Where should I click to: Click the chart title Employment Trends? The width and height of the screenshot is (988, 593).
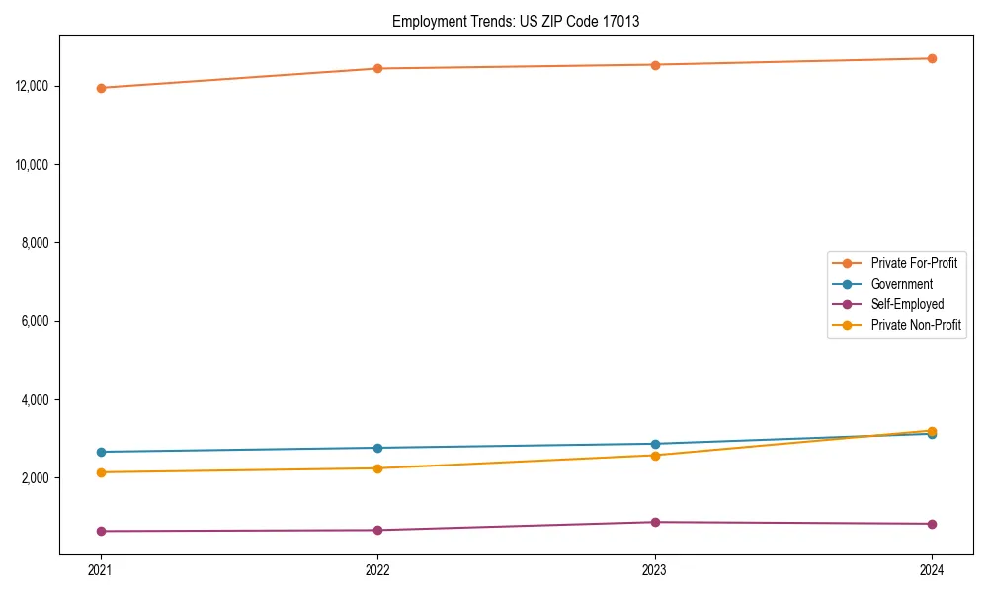516,21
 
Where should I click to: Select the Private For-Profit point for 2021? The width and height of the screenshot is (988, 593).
101,88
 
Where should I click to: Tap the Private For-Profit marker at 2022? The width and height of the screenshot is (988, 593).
377,68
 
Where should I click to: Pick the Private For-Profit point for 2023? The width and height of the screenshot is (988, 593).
655,65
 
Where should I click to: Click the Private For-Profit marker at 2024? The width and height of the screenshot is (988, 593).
932,58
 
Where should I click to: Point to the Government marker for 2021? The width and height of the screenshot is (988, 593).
101,452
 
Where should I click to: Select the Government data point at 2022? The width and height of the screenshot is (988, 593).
377,448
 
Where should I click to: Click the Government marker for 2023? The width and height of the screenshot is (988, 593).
655,444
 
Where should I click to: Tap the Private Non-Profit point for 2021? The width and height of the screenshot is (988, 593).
101,472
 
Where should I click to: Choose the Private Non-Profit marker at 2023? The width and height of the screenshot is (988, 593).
655,455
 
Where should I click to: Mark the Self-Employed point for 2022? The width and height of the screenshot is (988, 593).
377,530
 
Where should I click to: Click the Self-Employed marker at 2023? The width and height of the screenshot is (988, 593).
655,522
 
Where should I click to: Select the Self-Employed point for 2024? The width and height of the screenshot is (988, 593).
932,524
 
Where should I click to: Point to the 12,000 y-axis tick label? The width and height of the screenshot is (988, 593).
35,86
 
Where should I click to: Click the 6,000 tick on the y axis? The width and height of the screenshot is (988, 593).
38,321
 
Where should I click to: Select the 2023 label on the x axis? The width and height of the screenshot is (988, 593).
655,569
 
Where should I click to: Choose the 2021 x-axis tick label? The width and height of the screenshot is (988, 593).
101,569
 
